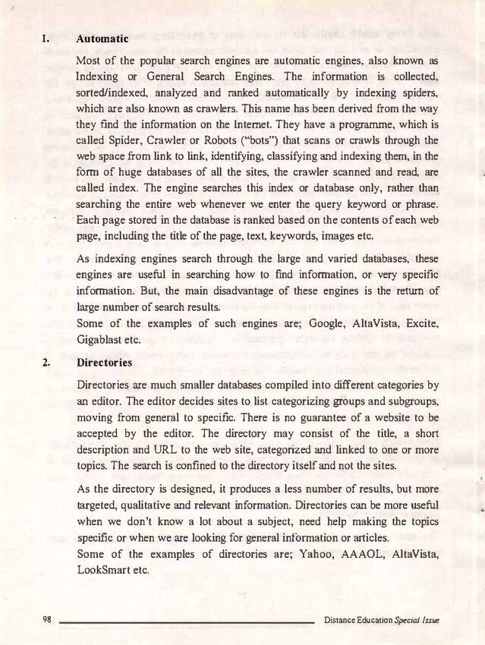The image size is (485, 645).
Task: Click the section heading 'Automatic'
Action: click(x=102, y=37)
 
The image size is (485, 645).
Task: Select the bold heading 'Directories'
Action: click(x=105, y=363)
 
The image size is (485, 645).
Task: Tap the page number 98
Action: click(x=47, y=620)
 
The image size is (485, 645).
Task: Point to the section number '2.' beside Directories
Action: click(x=47, y=363)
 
